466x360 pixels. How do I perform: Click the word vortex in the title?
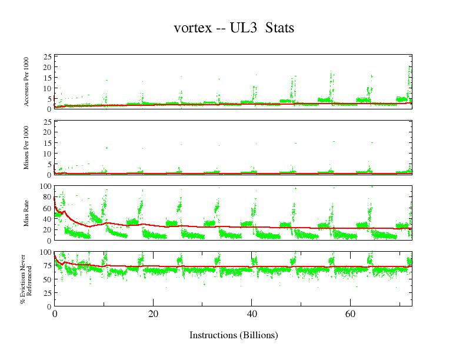tap(192, 28)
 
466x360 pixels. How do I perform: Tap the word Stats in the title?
tap(279, 28)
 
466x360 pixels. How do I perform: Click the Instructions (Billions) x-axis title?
tap(234, 335)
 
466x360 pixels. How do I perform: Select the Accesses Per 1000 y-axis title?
tap(27, 82)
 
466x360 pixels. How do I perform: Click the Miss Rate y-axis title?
tap(27, 213)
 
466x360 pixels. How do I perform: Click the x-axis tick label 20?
tap(153, 315)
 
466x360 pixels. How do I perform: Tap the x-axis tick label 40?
tap(252, 315)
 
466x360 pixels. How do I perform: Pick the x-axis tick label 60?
tap(350, 315)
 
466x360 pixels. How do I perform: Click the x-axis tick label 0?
tap(55, 315)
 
